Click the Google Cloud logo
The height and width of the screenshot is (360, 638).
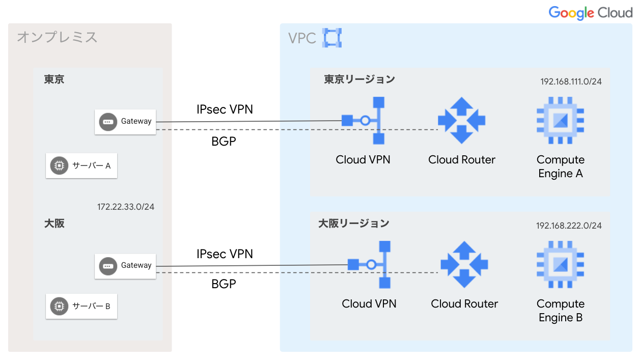[x=590, y=13]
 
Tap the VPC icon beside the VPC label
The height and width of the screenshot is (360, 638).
[x=332, y=38]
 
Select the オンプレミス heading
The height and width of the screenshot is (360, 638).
[x=57, y=37]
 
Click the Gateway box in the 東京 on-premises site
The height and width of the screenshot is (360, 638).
[x=125, y=122]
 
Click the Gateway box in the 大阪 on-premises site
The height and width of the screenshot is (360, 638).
[x=125, y=266]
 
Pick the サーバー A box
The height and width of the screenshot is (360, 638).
[x=81, y=165]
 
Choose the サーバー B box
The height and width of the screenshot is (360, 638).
[x=81, y=306]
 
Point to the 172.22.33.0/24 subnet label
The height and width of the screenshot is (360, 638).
[x=126, y=207]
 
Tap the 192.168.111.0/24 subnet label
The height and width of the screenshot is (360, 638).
[x=571, y=81]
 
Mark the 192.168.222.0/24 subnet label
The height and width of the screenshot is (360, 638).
[x=569, y=226]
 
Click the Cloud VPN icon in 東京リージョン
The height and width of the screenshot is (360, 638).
[x=363, y=121]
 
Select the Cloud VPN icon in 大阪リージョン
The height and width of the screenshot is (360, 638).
[x=369, y=265]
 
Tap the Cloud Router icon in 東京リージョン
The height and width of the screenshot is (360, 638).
[x=462, y=121]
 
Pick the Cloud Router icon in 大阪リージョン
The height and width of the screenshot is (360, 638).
[x=464, y=265]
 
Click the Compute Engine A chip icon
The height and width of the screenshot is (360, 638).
[x=560, y=121]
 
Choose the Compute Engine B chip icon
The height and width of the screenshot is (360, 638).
[x=560, y=265]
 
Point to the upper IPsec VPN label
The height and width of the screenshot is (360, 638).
[x=225, y=109]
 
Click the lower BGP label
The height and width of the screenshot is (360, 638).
[x=224, y=284]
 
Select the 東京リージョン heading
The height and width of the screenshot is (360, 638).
[x=359, y=79]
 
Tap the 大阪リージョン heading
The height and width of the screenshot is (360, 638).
[x=354, y=223]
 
